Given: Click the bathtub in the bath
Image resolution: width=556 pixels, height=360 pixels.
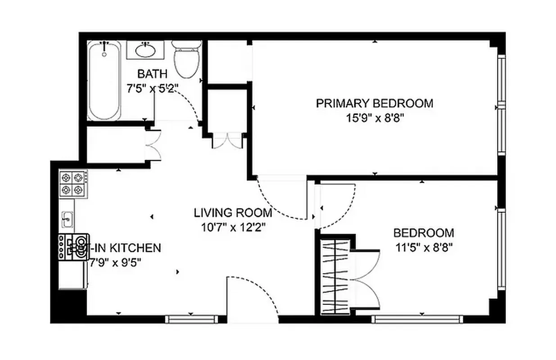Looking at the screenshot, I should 104,81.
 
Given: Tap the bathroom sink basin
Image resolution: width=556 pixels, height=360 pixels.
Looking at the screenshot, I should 145,50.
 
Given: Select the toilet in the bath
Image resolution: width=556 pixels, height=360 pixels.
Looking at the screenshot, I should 186,61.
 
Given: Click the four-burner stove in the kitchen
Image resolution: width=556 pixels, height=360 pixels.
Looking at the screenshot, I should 72,183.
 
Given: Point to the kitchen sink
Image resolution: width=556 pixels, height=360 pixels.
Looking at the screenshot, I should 68,220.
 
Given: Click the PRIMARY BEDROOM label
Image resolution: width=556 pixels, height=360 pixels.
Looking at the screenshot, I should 374,103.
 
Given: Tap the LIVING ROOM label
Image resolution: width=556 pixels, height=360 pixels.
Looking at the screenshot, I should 233,212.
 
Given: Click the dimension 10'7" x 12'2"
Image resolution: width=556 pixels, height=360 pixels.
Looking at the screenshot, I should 233,227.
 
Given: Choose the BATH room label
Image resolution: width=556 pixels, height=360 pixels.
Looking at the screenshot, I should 152,73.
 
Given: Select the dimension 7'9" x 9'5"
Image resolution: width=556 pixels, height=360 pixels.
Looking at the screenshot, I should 115,262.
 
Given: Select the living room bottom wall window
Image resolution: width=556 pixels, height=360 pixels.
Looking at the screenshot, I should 191,319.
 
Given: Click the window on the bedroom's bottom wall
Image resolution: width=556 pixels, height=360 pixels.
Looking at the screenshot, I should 417,319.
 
